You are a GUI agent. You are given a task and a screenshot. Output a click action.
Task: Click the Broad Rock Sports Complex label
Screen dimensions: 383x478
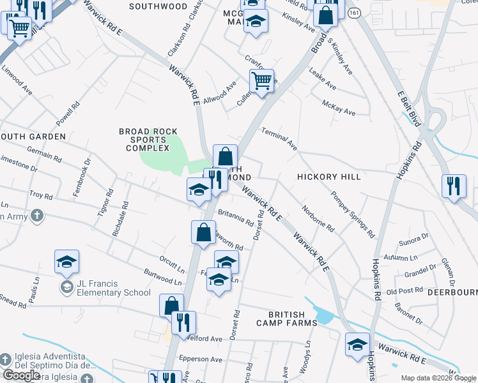[x=148, y=140]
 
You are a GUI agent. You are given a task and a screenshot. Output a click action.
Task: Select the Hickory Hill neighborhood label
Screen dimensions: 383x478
[x=328, y=176]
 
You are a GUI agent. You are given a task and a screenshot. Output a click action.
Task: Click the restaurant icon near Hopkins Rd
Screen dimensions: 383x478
[x=454, y=186]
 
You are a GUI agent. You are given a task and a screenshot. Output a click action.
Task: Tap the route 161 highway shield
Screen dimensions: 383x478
[x=353, y=12]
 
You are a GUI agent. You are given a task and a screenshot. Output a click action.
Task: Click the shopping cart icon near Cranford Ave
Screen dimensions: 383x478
[x=261, y=81]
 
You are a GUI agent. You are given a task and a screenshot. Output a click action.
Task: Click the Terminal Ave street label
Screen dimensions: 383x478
[x=279, y=139]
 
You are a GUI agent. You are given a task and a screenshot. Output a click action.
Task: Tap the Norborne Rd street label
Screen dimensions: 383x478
[x=318, y=218]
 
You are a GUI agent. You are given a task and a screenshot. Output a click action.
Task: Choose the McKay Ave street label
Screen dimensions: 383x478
[x=339, y=107]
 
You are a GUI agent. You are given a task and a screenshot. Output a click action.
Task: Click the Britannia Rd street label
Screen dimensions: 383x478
[x=236, y=218]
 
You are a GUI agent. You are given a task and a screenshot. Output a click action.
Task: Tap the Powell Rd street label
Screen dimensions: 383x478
[x=66, y=113]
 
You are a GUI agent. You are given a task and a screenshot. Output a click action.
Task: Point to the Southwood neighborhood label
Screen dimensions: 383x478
[x=158, y=6]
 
